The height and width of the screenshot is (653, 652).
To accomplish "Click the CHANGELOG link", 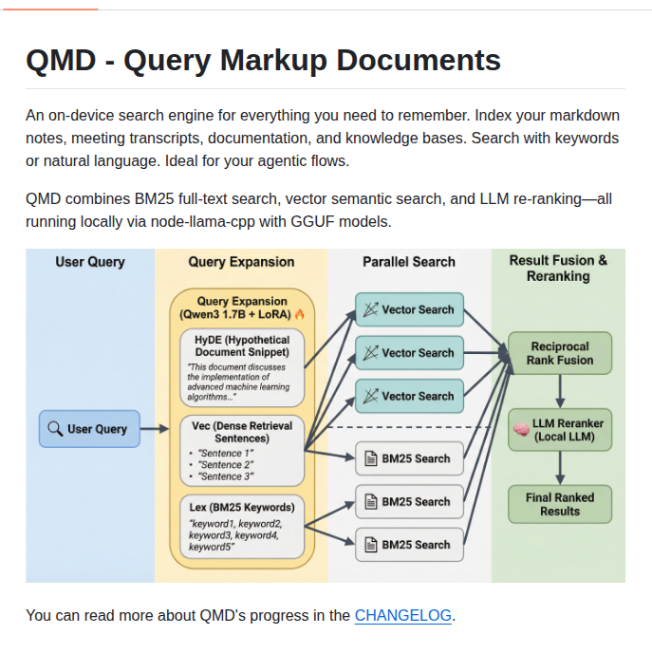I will (403, 615).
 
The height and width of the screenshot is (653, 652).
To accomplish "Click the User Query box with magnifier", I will (89, 429).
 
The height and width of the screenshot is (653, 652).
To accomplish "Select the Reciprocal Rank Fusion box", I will (560, 353).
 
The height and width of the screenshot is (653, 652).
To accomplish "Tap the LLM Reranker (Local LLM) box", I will (560, 429).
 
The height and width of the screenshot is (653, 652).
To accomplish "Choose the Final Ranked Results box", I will (560, 503).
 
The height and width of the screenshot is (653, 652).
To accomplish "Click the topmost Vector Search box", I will (409, 309).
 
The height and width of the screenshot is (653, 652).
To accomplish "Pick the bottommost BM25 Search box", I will (409, 545).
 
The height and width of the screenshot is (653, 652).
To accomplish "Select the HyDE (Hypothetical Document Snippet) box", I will (242, 367).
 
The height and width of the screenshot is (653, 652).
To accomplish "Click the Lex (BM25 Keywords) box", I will (242, 525).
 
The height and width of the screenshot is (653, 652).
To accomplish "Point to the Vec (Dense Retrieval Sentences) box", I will (242, 450).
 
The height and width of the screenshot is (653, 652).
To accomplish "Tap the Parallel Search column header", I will (409, 261).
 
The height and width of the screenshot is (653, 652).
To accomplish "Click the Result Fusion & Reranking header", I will (558, 268).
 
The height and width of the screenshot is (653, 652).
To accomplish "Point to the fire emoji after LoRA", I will (300, 314).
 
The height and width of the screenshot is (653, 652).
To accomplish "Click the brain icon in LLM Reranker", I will (520, 429).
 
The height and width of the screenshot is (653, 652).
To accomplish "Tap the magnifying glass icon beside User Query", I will (55, 429).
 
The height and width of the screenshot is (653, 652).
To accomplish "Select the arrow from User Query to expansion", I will (154, 430).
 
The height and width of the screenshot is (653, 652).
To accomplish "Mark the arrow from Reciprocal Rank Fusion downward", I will (560, 390).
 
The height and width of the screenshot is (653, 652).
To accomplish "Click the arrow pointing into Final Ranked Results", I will (560, 466).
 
